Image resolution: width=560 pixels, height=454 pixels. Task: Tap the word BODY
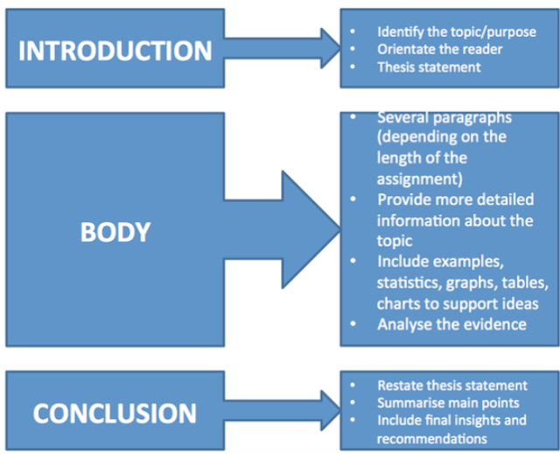[115, 232]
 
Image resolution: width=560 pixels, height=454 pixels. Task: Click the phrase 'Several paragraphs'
[444, 118]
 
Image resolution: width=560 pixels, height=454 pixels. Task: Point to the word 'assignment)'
[416, 180]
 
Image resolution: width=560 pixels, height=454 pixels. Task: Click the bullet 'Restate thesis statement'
[451, 385]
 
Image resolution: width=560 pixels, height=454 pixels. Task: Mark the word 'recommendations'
[431, 438]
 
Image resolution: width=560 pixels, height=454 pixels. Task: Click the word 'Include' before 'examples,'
[402, 263]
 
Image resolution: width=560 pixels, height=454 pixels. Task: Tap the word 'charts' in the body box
[398, 304]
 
